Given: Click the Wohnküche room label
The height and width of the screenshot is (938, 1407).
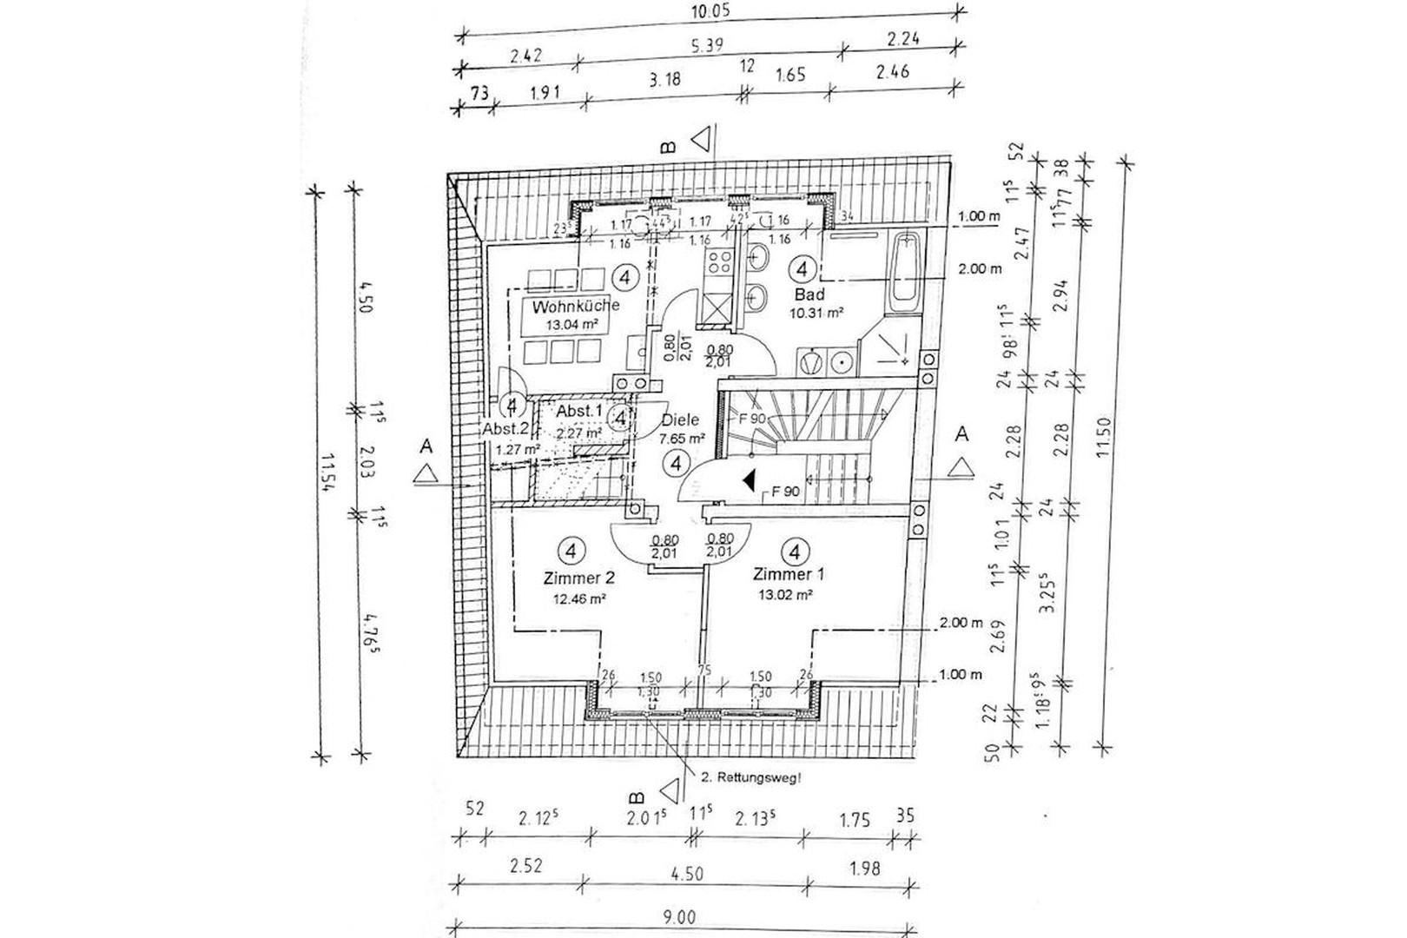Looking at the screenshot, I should click(x=576, y=306).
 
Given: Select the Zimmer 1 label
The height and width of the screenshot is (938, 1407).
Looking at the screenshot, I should click(x=789, y=574).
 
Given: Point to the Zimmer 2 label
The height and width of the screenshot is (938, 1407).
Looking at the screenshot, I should click(x=579, y=578).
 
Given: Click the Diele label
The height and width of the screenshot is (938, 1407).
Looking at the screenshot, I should click(x=680, y=419).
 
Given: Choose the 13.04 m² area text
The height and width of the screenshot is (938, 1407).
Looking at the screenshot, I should click(x=575, y=326).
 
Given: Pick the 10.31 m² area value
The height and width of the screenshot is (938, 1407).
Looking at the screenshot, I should click(x=817, y=313).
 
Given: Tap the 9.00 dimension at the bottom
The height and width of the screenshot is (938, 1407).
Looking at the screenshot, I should click(x=683, y=917).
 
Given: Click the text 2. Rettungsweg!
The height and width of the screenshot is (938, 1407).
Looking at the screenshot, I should click(x=751, y=778).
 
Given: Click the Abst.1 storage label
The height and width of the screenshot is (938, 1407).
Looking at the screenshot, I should click(x=579, y=411).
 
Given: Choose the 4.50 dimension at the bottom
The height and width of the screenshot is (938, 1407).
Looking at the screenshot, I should click(x=686, y=873).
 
